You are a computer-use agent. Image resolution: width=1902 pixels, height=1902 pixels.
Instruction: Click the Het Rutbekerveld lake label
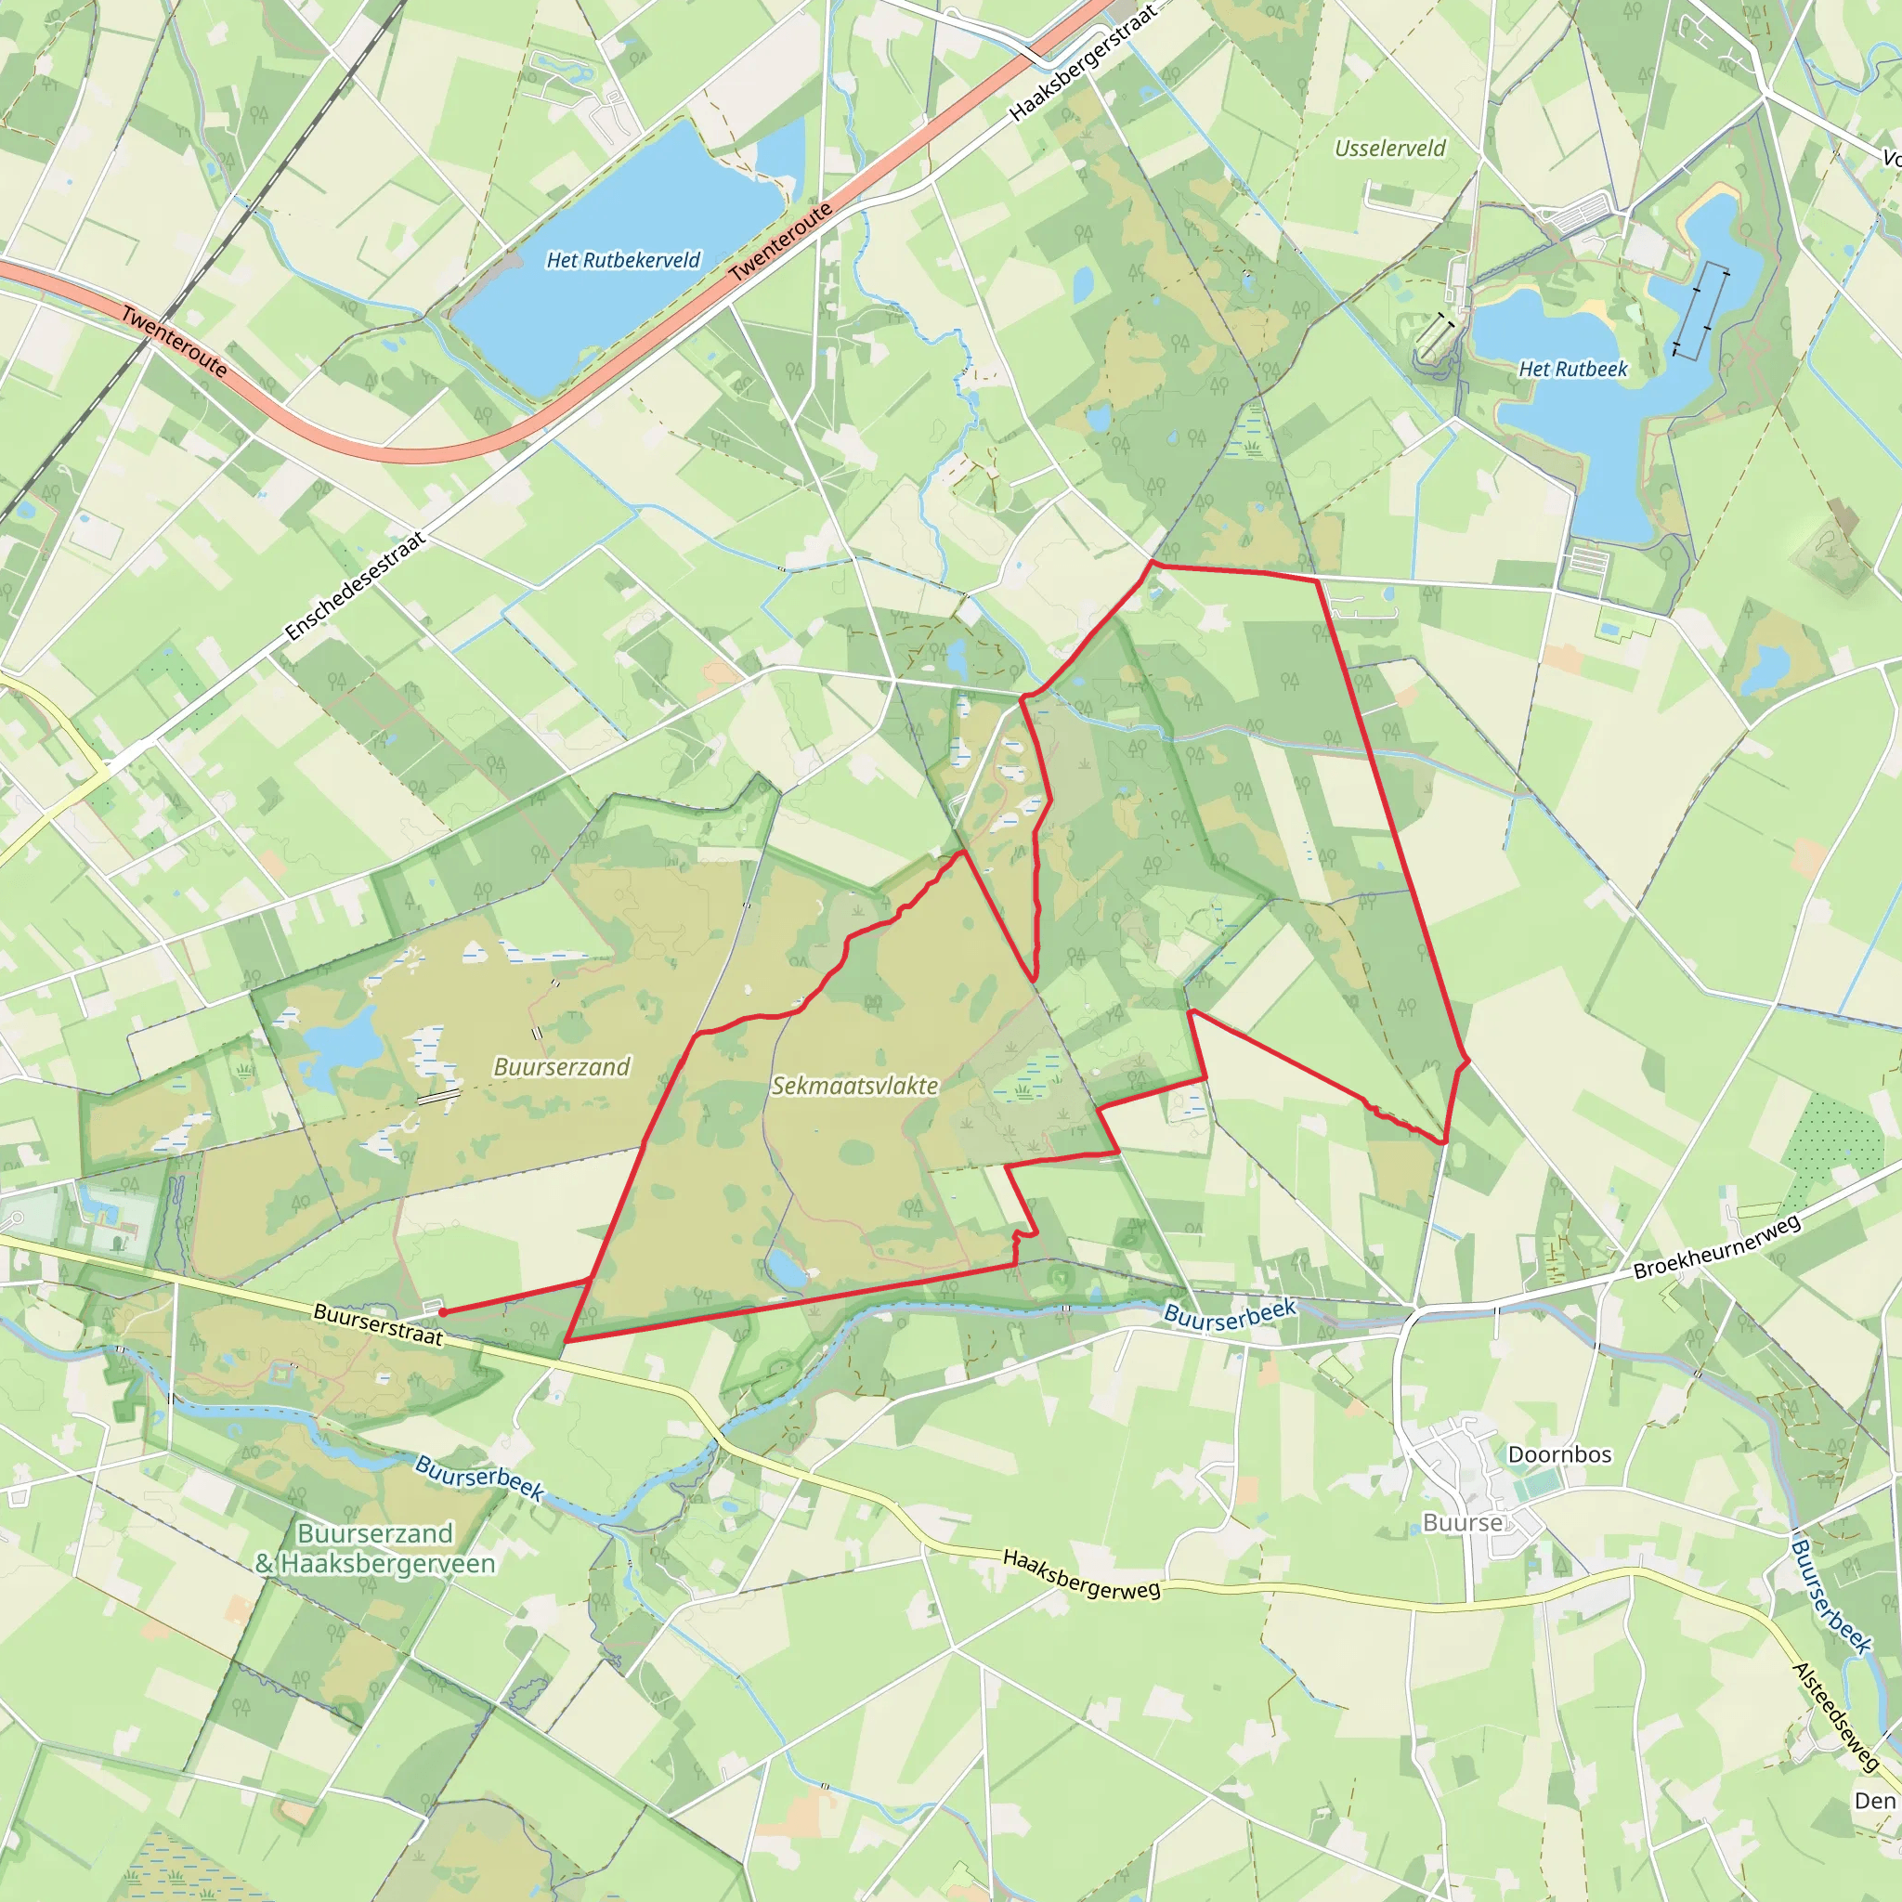point(623,260)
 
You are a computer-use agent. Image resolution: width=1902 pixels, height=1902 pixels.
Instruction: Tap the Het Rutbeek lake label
point(1573,370)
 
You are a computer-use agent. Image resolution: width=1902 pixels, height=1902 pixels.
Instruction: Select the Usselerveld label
point(1390,149)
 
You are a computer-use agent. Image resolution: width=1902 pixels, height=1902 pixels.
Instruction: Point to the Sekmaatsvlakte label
point(854,1086)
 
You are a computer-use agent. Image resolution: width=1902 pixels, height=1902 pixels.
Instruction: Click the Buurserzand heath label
point(561,1067)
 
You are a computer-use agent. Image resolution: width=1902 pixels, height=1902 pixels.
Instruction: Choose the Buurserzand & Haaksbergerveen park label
point(375,1548)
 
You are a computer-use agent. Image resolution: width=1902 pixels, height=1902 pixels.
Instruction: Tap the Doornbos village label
point(1559,1455)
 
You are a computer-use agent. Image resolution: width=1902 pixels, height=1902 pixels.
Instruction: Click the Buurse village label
point(1463,1523)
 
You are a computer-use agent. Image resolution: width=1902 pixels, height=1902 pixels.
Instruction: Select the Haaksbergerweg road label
point(1081,1573)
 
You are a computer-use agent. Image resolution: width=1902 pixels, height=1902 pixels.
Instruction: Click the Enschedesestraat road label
point(356,587)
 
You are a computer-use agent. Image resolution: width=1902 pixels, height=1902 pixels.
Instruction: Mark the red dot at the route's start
point(443,1312)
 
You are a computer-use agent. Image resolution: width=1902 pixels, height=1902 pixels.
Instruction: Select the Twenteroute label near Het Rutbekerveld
point(782,241)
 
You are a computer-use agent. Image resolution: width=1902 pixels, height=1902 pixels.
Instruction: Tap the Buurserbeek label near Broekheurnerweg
point(1230,1312)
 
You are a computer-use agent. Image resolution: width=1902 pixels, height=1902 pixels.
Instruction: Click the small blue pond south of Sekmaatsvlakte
point(788,1269)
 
